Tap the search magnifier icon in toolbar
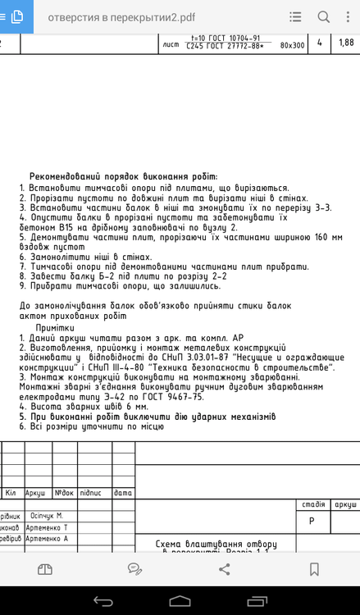[323, 16]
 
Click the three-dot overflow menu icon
[349, 16]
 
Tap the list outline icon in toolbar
[295, 16]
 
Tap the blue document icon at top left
[16, 16]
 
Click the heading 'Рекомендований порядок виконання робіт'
[123, 176]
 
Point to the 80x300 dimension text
[292, 46]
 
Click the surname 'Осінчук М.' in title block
[47, 515]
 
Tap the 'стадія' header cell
[313, 504]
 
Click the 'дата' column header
[123, 493]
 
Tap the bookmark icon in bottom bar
[314, 568]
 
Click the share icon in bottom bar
[224, 568]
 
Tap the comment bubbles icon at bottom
[134, 568]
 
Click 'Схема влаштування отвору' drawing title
[216, 544]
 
